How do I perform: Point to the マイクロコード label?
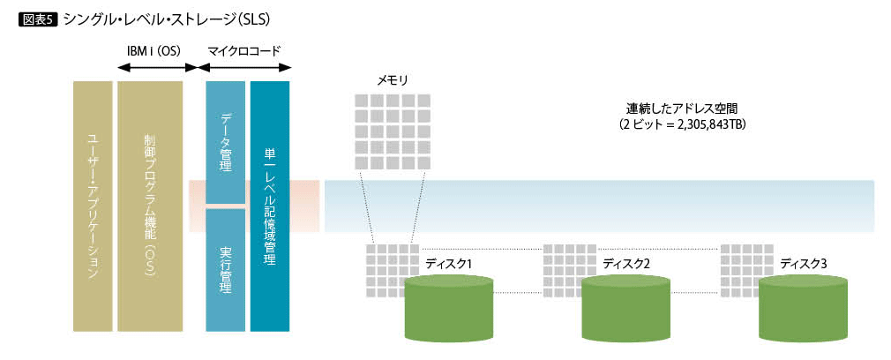(x=243, y=50)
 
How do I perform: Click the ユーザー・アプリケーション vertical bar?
(x=92, y=206)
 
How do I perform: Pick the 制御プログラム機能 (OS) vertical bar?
(x=149, y=206)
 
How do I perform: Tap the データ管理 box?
(x=225, y=141)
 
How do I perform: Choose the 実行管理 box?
(x=225, y=269)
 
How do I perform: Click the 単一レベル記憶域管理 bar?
(x=269, y=206)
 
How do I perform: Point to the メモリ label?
(x=393, y=80)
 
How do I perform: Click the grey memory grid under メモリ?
(x=393, y=131)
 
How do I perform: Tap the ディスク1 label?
(x=449, y=263)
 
